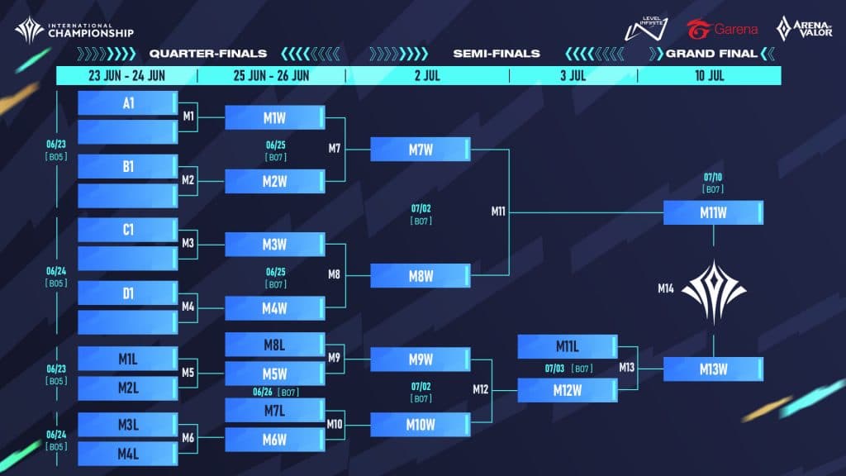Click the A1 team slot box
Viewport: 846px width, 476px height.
pyautogui.click(x=128, y=102)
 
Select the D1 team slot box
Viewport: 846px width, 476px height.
pyautogui.click(x=128, y=293)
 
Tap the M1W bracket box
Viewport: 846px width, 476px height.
pyautogui.click(x=274, y=117)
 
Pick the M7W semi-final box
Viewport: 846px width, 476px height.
pyautogui.click(x=421, y=149)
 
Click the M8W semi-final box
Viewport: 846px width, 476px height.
pyautogui.click(x=421, y=276)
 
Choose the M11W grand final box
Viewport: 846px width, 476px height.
pyautogui.click(x=713, y=212)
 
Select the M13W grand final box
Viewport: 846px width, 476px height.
pyautogui.click(x=713, y=369)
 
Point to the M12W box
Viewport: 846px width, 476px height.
pyautogui.click(x=568, y=390)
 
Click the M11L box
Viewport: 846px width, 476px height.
pyautogui.click(x=568, y=346)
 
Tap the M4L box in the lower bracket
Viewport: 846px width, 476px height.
pyautogui.click(x=128, y=454)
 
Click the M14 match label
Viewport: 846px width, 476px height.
pyautogui.click(x=666, y=288)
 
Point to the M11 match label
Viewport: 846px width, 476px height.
pyautogui.click(x=498, y=212)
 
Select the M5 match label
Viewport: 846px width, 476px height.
pyautogui.click(x=188, y=373)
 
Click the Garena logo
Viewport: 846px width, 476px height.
pyautogui.click(x=722, y=29)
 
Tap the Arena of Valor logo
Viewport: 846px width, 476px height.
pyautogui.click(x=804, y=29)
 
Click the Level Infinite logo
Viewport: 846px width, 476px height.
pyautogui.click(x=646, y=28)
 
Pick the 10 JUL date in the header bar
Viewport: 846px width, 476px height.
pyautogui.click(x=710, y=75)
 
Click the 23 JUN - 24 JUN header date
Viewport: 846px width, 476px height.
pyautogui.click(x=126, y=75)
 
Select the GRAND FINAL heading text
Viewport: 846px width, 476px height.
pyautogui.click(x=711, y=54)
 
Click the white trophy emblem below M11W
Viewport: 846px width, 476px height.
pyautogui.click(x=714, y=292)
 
